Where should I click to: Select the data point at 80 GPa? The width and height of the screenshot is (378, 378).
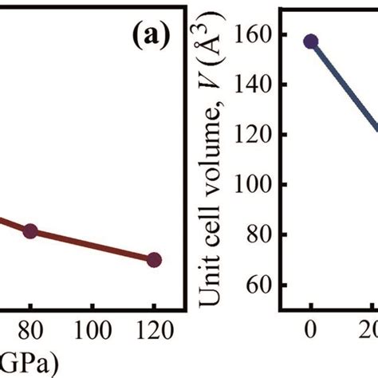(30, 231)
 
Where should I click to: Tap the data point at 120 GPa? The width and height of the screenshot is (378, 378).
(155, 259)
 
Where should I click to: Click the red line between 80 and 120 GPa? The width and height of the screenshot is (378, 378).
(92, 245)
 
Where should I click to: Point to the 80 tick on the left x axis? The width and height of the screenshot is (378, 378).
(30, 331)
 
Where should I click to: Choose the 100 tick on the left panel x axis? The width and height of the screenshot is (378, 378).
(93, 331)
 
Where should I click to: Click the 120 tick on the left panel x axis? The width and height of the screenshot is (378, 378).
(155, 331)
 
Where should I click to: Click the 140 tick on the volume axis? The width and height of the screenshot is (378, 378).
(254, 85)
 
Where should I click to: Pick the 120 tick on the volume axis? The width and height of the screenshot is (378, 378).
(254, 136)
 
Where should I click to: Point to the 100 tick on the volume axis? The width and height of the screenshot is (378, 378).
(254, 185)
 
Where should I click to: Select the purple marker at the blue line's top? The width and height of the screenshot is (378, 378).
(311, 41)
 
